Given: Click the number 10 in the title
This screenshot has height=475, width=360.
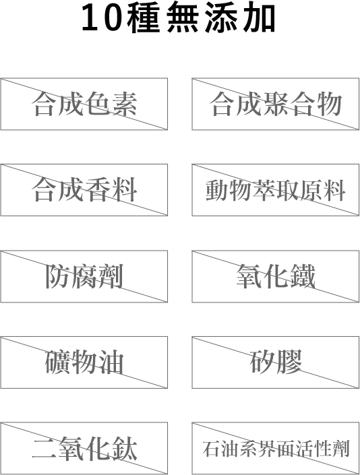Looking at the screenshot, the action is (102, 18).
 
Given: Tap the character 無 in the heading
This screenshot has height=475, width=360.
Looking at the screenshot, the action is (183, 18).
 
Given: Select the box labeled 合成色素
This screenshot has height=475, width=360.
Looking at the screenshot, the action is (84, 104).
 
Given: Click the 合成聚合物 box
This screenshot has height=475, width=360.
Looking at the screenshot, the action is (276, 104).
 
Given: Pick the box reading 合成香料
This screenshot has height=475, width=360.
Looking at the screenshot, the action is (84, 190).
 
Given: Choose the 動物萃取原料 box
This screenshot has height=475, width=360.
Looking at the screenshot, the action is (276, 190).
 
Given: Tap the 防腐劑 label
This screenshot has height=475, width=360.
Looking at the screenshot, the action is (84, 276).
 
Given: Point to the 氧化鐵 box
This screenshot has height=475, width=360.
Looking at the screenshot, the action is (276, 276).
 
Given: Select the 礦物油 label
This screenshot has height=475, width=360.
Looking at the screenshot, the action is (84, 362).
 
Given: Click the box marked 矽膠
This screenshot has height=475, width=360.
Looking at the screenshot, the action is (276, 362).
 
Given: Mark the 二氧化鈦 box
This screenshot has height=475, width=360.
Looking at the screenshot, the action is (84, 448).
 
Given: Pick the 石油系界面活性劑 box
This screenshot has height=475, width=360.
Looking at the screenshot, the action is (276, 448).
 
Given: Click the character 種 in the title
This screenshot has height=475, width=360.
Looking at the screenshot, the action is (144, 18).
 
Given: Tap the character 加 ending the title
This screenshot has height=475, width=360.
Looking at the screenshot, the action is (260, 18).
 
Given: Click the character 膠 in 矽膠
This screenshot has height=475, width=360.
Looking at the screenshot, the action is (289, 362).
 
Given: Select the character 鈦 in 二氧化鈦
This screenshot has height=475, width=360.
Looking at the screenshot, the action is (124, 448).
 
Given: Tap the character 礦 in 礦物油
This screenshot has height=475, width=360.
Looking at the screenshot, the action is (58, 362).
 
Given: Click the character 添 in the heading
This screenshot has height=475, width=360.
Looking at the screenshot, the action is (221, 18).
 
